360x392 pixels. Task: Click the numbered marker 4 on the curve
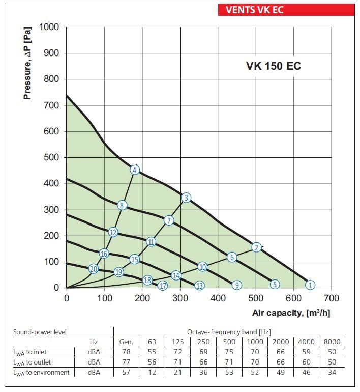[134, 170]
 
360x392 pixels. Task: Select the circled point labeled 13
[199, 286]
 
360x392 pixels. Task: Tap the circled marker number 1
[311, 285]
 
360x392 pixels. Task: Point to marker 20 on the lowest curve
[93, 269]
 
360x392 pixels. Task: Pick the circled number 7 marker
[169, 220]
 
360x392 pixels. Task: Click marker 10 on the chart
[202, 267]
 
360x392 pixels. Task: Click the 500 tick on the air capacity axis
[256, 298]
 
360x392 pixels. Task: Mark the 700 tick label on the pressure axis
[51, 105]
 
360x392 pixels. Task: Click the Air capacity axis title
[291, 313]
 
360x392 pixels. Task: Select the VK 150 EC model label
[274, 67]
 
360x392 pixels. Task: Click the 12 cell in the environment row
[151, 373]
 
